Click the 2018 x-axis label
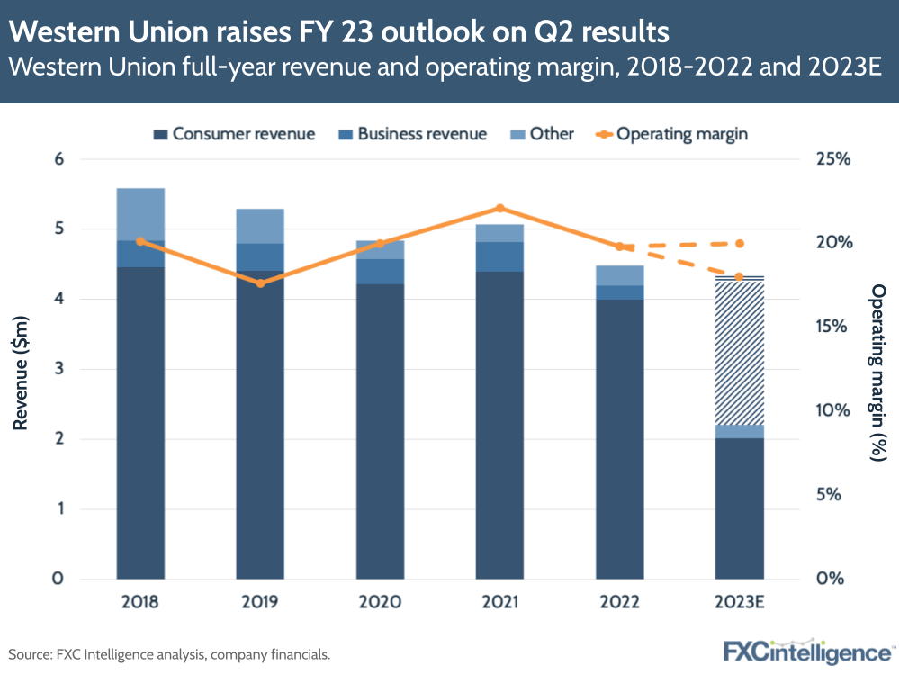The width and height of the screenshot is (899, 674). click(139, 601)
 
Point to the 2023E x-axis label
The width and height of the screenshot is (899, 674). click(740, 601)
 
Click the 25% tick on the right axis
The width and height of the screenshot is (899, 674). click(832, 159)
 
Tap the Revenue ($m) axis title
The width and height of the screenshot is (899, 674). click(21, 369)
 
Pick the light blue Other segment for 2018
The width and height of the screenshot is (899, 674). click(139, 214)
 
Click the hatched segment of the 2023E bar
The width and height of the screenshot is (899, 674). click(740, 351)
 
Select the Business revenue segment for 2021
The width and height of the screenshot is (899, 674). click(499, 256)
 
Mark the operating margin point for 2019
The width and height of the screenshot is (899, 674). click(260, 283)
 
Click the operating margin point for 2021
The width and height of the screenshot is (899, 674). click(499, 208)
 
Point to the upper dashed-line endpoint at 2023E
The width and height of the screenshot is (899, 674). click(740, 244)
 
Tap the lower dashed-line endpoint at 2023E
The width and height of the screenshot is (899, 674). click(740, 276)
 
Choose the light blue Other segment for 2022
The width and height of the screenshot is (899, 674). click(619, 275)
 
